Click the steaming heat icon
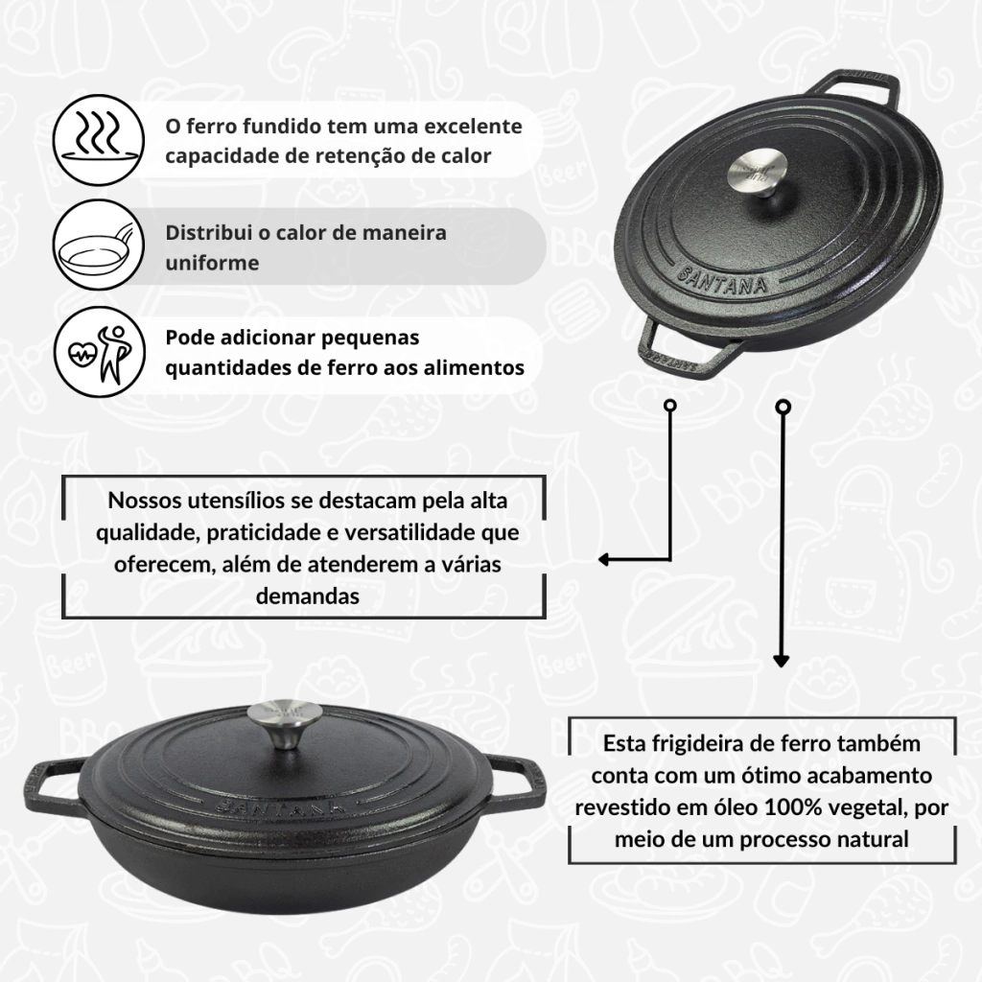pyautogui.click(x=99, y=140)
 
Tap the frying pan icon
pyautogui.click(x=99, y=245)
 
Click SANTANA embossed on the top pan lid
pyautogui.click(x=722, y=280)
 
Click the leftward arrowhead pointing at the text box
pyautogui.click(x=604, y=560)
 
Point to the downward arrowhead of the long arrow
pyautogui.click(x=781, y=661)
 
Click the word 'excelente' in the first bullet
pyautogui.click(x=474, y=126)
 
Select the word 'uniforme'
pyautogui.click(x=212, y=263)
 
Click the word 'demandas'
pyautogui.click(x=308, y=596)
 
